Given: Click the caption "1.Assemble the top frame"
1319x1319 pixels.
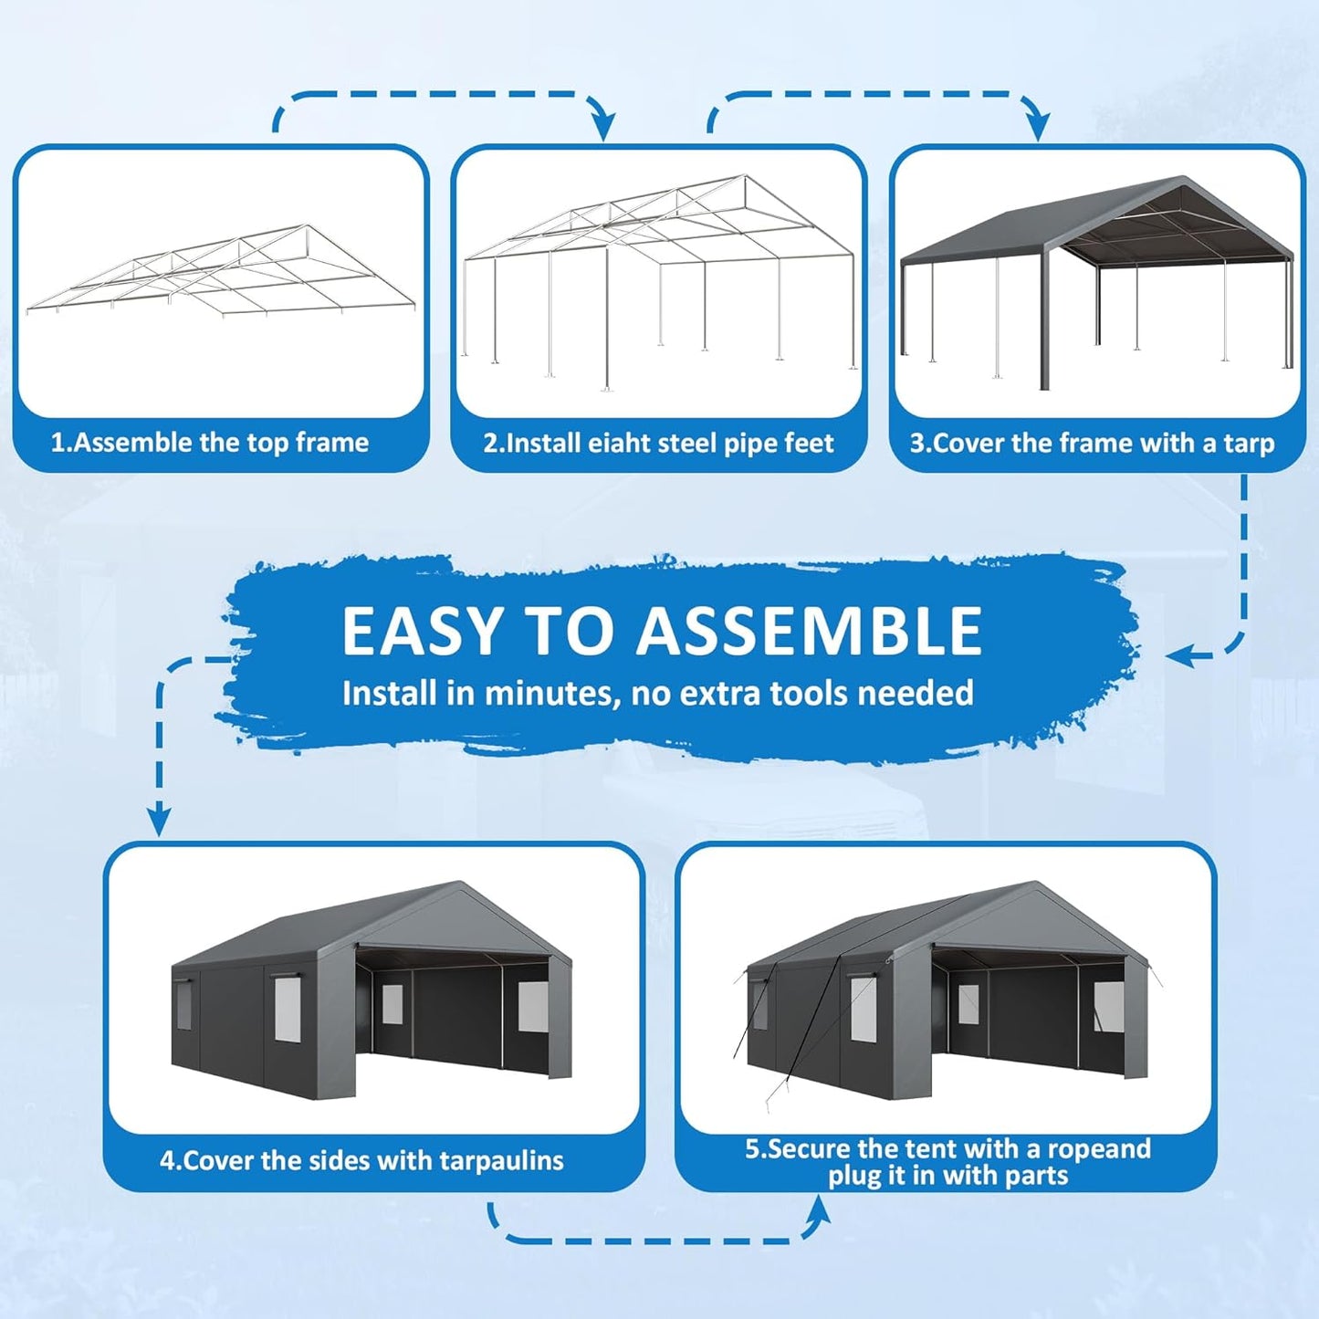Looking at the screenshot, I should coord(209,443).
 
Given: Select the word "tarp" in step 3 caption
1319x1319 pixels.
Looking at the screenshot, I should coord(1248,444).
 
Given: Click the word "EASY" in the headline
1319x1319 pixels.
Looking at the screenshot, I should coord(422,632).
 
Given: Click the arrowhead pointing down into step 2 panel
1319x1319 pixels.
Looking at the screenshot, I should coord(602,127).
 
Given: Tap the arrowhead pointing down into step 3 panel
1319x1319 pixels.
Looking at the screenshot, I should coord(1037,127).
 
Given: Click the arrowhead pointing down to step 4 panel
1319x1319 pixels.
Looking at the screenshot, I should coord(159,821).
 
